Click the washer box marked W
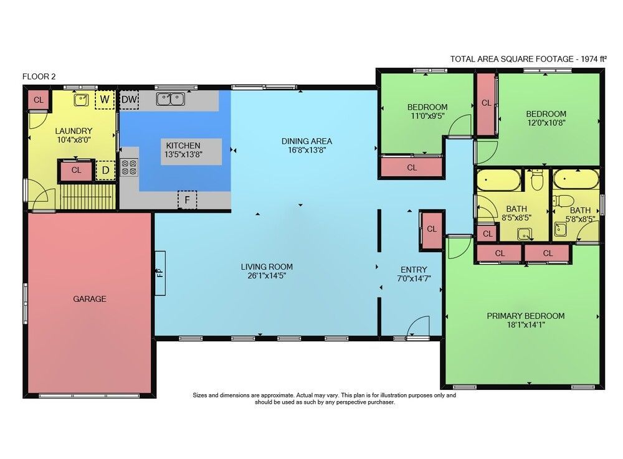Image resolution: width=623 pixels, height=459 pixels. [x=105, y=99]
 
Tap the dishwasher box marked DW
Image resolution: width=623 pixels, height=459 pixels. [x=129, y=100]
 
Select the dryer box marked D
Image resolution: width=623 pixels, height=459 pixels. [x=105, y=171]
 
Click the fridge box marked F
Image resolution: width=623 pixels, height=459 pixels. [x=187, y=200]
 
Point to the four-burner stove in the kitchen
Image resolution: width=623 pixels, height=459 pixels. [x=129, y=167]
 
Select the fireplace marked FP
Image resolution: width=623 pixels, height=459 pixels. [x=159, y=273]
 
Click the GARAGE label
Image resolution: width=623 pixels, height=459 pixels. [x=89, y=299]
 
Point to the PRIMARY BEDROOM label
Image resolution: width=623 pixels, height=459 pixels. [x=526, y=316]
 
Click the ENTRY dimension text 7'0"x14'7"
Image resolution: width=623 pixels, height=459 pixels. [x=414, y=278]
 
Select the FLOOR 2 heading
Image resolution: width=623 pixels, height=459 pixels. [x=39, y=77]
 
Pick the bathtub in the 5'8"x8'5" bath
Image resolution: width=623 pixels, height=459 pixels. [x=576, y=179]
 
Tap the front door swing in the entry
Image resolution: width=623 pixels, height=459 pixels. [x=419, y=327]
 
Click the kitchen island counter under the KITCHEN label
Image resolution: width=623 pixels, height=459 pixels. [x=191, y=152]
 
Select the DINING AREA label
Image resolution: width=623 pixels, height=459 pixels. [x=307, y=141]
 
